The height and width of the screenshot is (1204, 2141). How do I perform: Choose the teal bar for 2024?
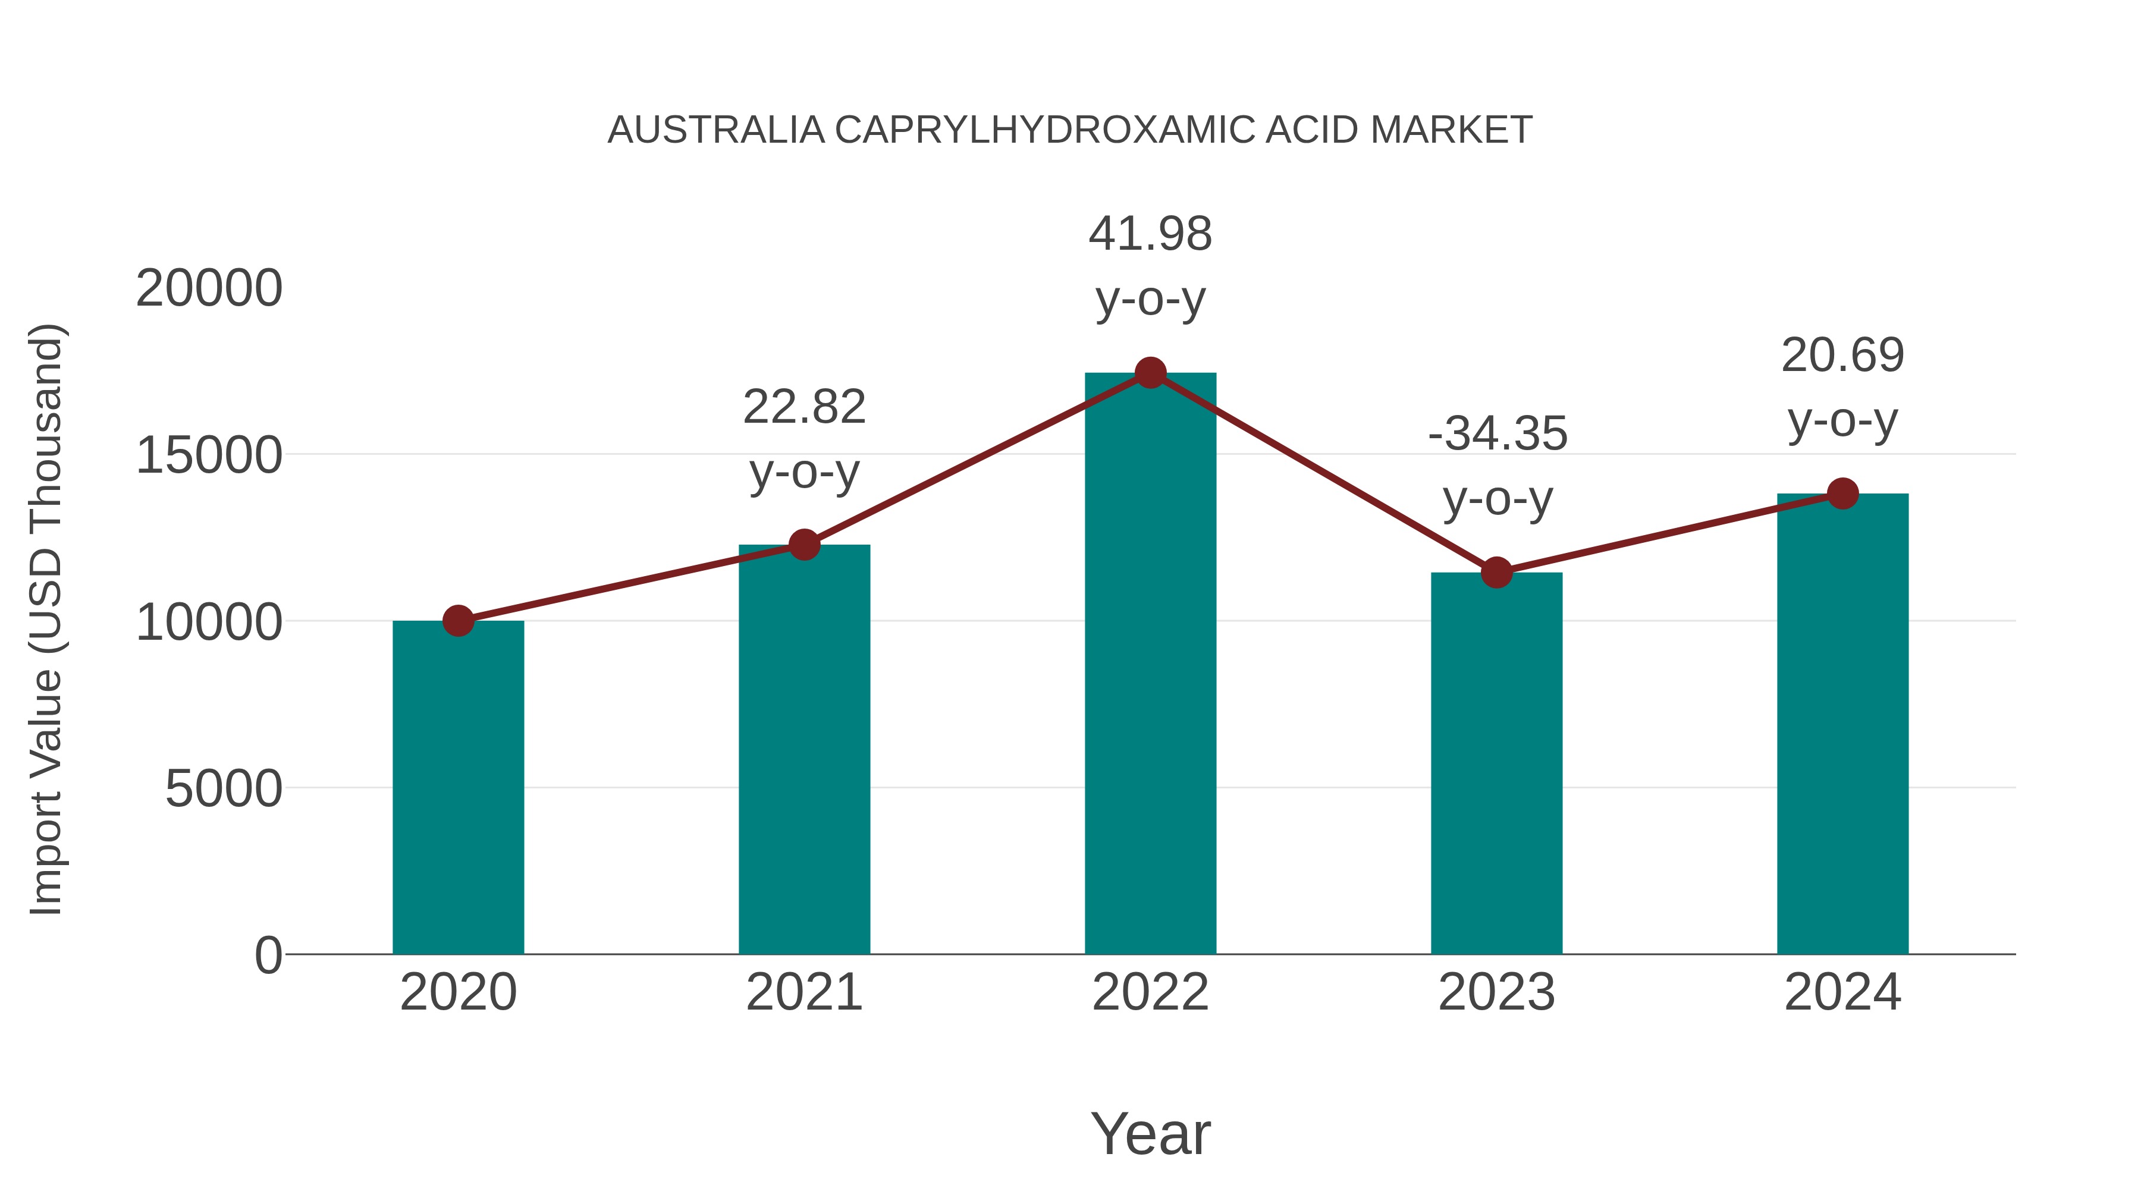pos(1842,723)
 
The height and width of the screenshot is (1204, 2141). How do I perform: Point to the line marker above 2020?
pos(458,621)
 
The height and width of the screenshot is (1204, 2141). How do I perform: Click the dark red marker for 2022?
pos(1150,373)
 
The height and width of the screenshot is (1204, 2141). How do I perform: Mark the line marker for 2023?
pos(1496,573)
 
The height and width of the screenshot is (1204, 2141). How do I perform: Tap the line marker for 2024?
pos(1842,493)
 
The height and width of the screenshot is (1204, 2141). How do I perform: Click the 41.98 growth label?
pos(1150,234)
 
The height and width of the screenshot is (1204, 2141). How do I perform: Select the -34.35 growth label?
pos(1497,434)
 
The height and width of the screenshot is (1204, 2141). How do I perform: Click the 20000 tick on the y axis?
pos(209,289)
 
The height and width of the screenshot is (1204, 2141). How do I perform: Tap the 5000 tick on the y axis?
pos(224,788)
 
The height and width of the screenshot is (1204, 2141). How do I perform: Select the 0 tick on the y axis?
pos(268,955)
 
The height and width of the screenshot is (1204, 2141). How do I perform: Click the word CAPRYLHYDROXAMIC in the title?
pos(1045,130)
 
